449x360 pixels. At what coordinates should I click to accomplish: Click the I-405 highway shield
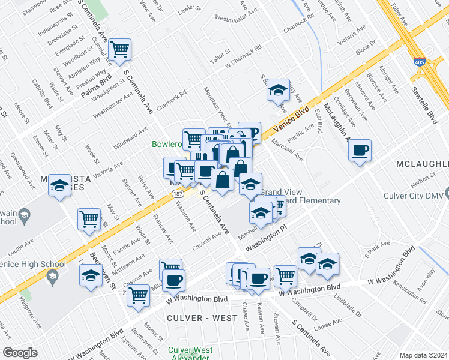[420, 62]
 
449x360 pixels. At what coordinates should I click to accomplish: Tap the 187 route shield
[177, 194]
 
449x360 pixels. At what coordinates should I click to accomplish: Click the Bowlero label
[166, 144]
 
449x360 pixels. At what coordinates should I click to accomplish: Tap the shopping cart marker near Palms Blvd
[121, 49]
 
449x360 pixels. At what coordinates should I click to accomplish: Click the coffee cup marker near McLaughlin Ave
[360, 150]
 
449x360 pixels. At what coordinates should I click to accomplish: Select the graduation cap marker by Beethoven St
[91, 276]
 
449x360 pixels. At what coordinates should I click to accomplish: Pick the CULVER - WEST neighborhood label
[197, 317]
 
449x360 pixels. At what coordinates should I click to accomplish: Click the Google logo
[20, 353]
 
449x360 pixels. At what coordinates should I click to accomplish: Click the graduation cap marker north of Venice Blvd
[278, 90]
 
